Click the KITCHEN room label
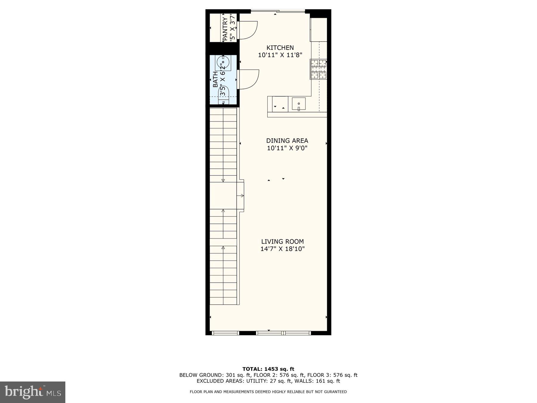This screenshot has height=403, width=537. [x=280, y=48]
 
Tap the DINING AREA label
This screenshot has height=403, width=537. [x=287, y=141]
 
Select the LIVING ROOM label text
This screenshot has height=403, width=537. [x=282, y=242]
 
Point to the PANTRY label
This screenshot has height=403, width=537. [x=225, y=29]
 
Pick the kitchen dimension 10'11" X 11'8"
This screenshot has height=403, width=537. [x=280, y=55]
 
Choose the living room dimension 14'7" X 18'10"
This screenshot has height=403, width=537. [x=282, y=249]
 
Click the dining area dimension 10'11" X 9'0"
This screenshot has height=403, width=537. [x=287, y=148]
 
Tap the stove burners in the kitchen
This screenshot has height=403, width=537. [x=318, y=69]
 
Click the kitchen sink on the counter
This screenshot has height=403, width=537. [x=299, y=104]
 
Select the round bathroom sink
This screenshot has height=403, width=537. [x=223, y=62]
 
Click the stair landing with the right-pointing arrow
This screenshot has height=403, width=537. [x=227, y=196]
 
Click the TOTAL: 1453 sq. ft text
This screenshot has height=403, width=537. [x=268, y=369]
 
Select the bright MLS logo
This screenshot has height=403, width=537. [x=33, y=392]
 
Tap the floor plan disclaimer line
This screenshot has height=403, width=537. [x=268, y=392]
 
